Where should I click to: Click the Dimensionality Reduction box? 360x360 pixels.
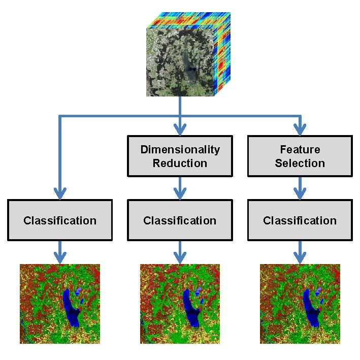(180, 156)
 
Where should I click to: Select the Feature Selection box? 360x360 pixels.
(300, 156)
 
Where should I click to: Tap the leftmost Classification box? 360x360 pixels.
(60, 220)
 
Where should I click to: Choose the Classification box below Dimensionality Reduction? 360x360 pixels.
(180, 220)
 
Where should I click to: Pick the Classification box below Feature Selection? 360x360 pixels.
(300, 220)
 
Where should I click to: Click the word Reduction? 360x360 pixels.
(180, 163)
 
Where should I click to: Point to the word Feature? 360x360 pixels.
(300, 150)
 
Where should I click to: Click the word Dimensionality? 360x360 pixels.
(180, 150)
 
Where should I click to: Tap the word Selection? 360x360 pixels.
(300, 163)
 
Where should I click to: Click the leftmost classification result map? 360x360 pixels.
(60, 303)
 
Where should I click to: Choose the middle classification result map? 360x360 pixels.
(180, 303)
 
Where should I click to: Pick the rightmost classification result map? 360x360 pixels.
(300, 303)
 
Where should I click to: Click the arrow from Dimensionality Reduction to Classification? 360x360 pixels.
(180, 188)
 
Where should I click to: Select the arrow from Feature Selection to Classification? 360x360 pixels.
(300, 188)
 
